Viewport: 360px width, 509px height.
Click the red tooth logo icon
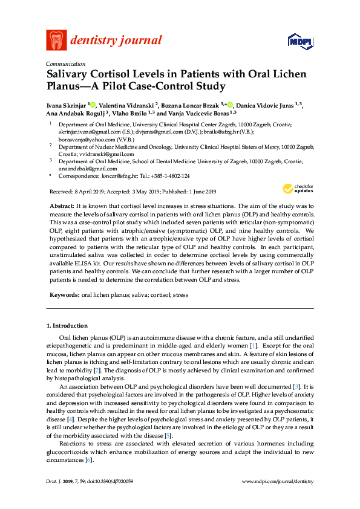click(x=56, y=41)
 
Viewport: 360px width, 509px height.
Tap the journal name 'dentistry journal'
click(x=116, y=41)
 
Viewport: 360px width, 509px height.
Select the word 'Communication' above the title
click(x=65, y=63)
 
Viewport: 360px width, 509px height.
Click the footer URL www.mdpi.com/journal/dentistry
click(x=278, y=481)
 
